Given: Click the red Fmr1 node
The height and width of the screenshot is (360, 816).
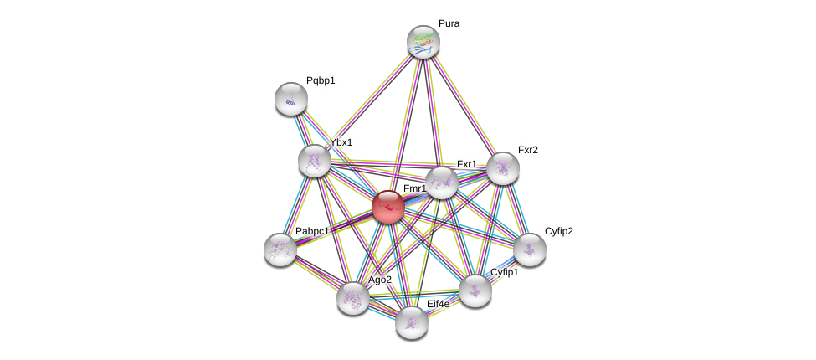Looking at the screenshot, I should click(388, 207).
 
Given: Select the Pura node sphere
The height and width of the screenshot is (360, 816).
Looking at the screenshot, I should click(423, 42).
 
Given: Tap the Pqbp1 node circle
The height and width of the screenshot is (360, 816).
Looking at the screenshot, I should click(291, 99).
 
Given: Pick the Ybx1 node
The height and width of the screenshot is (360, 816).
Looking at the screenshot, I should click(315, 161).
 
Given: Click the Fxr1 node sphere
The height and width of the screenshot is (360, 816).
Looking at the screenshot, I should click(442, 183).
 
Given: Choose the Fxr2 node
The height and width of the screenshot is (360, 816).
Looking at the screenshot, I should click(503, 168).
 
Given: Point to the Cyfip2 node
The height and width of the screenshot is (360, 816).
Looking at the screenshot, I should click(530, 249).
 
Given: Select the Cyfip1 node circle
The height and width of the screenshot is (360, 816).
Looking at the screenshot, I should click(475, 291).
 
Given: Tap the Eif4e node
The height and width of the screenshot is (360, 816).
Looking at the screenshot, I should click(412, 321).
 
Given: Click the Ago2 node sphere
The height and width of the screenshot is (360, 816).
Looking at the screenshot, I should click(353, 297).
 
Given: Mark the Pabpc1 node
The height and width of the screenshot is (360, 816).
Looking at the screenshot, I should click(280, 249).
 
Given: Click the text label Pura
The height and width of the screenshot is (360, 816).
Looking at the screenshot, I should click(449, 23).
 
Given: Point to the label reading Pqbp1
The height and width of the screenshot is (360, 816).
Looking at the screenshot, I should click(321, 80).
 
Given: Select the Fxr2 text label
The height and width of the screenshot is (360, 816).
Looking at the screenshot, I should click(528, 150).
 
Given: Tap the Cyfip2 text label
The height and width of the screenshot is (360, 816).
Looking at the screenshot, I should click(559, 231).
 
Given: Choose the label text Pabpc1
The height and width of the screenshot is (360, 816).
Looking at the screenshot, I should click(312, 231).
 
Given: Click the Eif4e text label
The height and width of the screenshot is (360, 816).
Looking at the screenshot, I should click(438, 304).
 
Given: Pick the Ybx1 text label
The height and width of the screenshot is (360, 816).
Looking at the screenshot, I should click(341, 142).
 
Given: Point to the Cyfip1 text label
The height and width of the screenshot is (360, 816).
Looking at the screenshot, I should click(505, 272).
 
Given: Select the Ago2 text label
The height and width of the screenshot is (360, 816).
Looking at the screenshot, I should click(380, 280).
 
